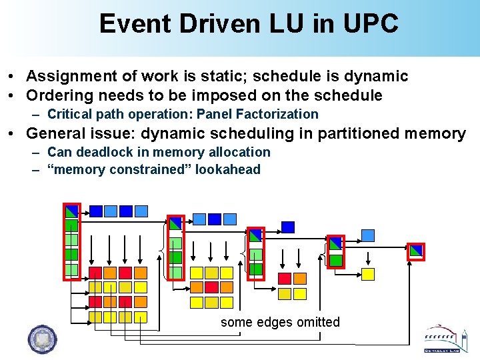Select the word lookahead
pos(227,169)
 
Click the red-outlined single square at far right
pos(416,251)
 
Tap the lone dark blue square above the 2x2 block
pos(288,227)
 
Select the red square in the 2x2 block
pos(284,279)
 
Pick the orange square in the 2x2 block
pos(300,279)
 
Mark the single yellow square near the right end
pos(368,274)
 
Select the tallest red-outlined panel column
pos(72,241)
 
